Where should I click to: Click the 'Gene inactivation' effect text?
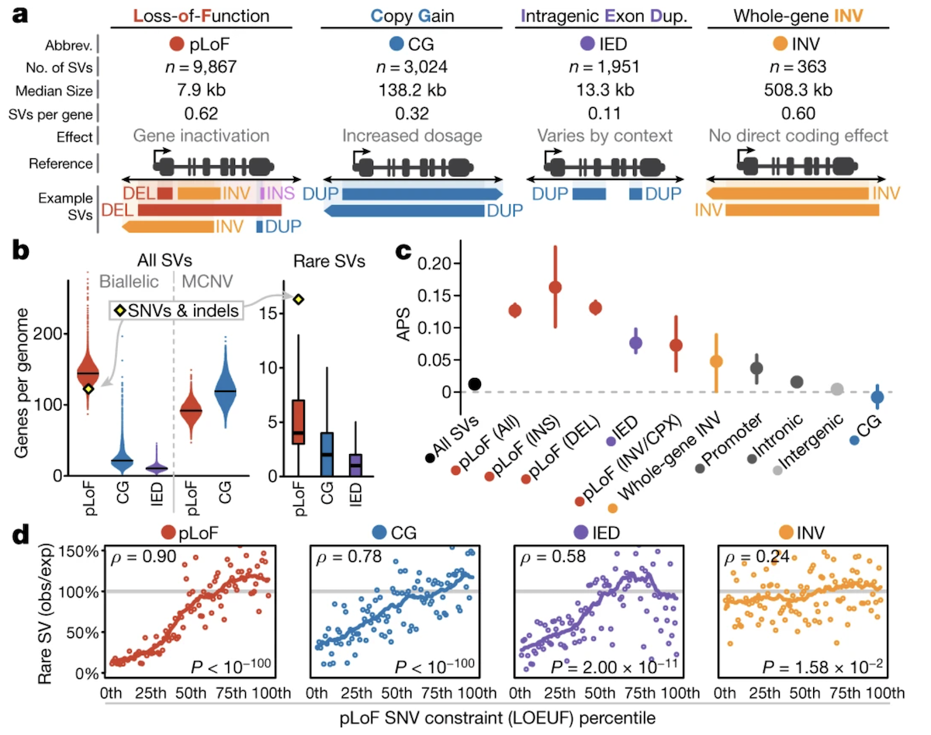click(x=202, y=137)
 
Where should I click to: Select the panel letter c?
click(x=403, y=252)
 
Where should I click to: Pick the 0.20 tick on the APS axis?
click(x=433, y=263)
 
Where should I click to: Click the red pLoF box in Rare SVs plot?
click(x=297, y=421)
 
